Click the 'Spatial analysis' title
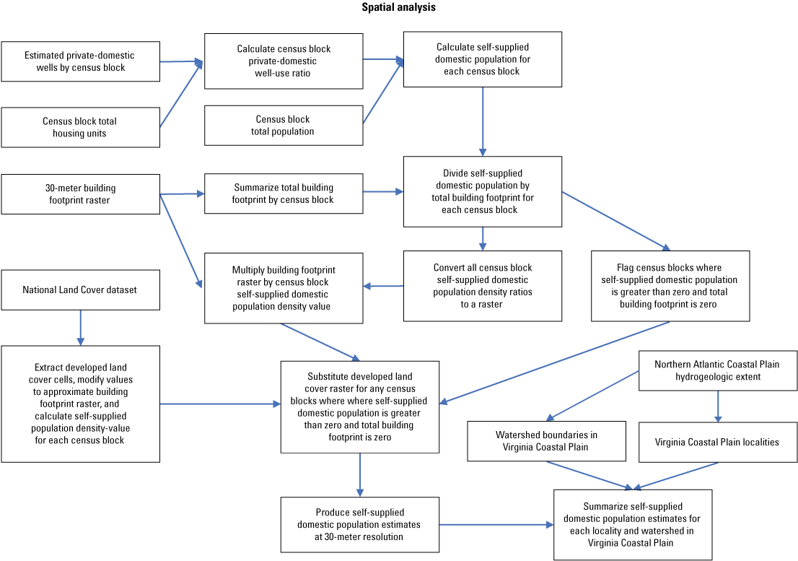coord(398,8)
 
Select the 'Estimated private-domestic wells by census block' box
coord(80,61)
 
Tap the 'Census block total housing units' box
coord(80,127)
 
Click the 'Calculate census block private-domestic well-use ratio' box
coord(284,61)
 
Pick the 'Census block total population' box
coord(284,126)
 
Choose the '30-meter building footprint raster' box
coord(80,193)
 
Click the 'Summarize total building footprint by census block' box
coord(284,193)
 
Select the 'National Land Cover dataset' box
coord(80,290)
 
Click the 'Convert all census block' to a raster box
coord(482,286)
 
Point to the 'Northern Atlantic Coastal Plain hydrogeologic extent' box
coord(718,370)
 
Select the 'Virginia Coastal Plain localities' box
coord(718,442)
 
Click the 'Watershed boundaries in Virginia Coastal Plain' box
coord(546,440)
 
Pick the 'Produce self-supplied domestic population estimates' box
coord(359,524)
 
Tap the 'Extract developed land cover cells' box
coord(80,404)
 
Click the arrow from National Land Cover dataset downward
coord(80,327)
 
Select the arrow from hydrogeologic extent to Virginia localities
coord(718,406)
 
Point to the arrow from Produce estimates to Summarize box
coord(496,524)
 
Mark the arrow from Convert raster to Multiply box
coord(383,287)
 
